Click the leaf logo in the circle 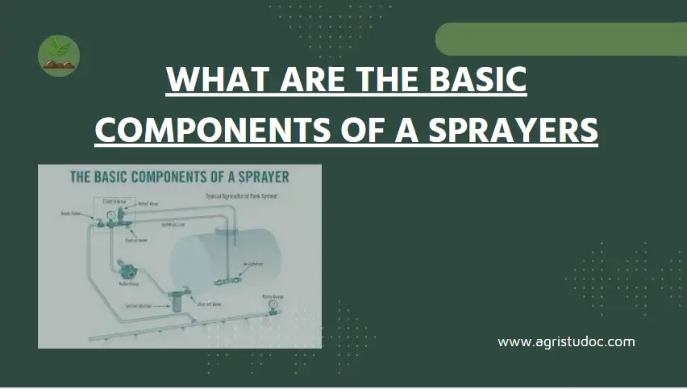pyautogui.click(x=59, y=56)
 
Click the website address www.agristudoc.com pyautogui.click(x=566, y=341)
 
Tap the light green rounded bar pyautogui.click(x=560, y=39)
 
